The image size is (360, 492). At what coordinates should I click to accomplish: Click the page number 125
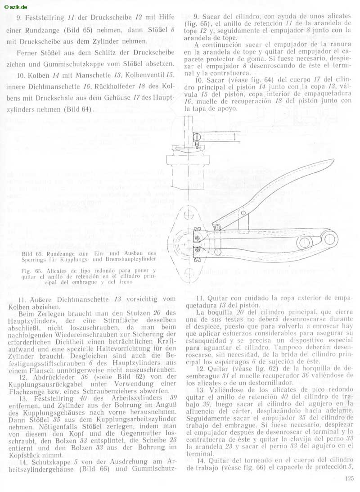(350, 479)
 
